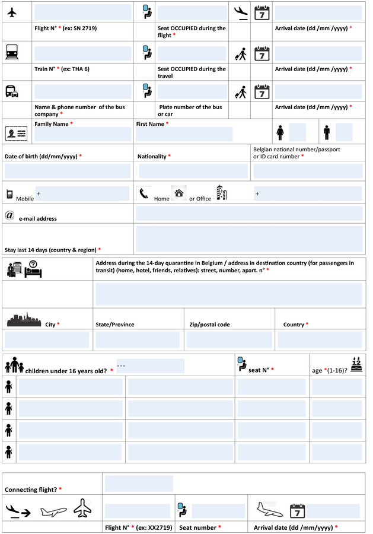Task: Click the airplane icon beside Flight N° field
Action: click(12, 12)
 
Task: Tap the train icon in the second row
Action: click(12, 52)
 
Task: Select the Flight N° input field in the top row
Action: click(83, 12)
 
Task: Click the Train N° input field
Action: click(83, 53)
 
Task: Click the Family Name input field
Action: click(83, 134)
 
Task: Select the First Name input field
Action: click(184, 134)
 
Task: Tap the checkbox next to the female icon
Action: click(298, 132)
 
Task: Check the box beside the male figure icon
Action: click(344, 132)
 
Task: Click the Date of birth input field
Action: click(68, 171)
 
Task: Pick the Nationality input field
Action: click(193, 171)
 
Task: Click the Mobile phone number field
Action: click(82, 193)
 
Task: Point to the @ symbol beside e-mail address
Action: click(9, 215)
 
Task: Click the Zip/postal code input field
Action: click(229, 340)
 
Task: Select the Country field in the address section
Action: click(320, 340)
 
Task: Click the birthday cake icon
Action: click(356, 364)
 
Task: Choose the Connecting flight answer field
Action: click(139, 484)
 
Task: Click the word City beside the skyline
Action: click(50, 325)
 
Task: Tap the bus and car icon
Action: click(12, 92)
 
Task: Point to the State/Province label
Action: click(115, 325)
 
